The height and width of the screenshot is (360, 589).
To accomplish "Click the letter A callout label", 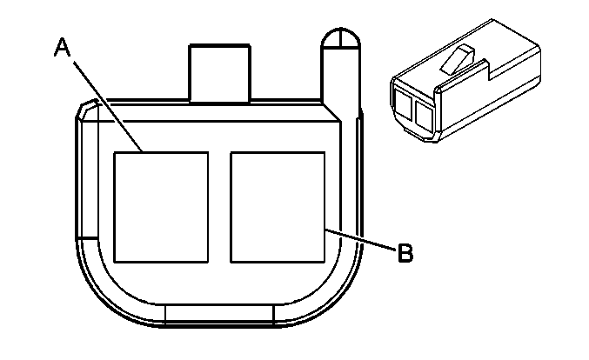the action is click(x=63, y=47).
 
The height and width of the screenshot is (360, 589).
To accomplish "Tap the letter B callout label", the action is click(x=405, y=253).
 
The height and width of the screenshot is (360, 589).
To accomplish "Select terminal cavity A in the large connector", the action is click(x=161, y=207).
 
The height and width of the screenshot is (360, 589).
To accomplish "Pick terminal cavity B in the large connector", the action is click(x=278, y=207).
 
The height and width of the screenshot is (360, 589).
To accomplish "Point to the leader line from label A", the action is click(x=108, y=107).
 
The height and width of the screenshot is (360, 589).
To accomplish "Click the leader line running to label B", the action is click(x=360, y=239).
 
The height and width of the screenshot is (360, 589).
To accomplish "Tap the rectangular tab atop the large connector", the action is click(x=220, y=73).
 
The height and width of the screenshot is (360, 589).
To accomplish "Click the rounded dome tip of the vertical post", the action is click(x=341, y=37).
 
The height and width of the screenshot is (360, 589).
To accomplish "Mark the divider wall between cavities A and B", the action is click(x=219, y=207).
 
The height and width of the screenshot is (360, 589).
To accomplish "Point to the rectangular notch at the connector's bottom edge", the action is click(x=220, y=314).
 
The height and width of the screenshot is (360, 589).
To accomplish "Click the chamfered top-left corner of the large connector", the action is click(x=87, y=109).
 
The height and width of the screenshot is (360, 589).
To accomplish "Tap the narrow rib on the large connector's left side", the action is click(x=87, y=179).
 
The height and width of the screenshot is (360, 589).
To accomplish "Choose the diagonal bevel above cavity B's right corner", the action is click(x=331, y=112).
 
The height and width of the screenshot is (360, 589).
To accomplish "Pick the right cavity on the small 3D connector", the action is click(x=425, y=116).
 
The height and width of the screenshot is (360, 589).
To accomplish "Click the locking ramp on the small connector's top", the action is click(x=458, y=59).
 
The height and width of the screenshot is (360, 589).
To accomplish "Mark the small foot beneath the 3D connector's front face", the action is click(x=413, y=132).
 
